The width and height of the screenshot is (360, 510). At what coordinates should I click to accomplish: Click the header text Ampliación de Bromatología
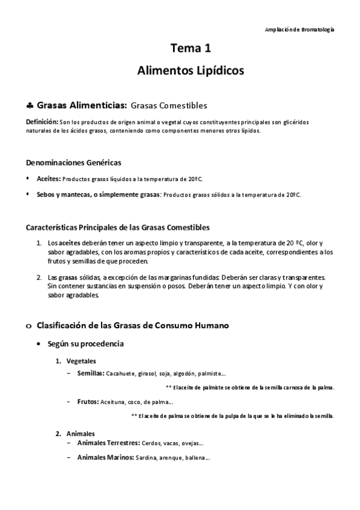tap(300, 29)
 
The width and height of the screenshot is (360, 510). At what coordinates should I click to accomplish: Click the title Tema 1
tap(191, 49)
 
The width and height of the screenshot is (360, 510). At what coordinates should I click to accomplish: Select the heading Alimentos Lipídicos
tap(191, 71)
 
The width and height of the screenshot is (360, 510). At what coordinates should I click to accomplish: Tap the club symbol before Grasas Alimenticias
tap(29, 105)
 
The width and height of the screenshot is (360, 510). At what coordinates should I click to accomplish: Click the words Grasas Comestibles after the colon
tap(169, 105)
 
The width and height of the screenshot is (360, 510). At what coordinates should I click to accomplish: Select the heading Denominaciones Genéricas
tap(74, 162)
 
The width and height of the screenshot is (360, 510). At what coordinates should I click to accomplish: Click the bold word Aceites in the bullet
tap(48, 179)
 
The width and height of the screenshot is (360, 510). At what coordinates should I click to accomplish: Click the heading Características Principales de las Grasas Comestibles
tap(118, 227)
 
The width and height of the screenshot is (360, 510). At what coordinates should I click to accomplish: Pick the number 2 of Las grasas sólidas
tap(39, 277)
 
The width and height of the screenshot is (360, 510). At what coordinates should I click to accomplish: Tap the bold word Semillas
tap(90, 373)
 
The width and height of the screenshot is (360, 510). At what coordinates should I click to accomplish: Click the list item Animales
tap(81, 433)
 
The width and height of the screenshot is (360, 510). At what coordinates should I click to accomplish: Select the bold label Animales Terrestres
tap(108, 443)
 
